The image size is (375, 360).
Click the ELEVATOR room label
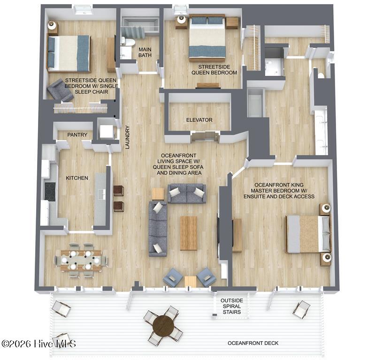[199, 120]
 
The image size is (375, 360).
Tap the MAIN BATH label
[145, 52]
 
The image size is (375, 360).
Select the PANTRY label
[77, 135]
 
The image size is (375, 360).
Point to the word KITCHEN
[77, 178]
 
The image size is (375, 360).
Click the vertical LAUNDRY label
[127, 137]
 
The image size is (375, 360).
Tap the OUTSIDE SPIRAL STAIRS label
[231, 306]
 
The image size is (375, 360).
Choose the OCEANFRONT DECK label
[253, 343]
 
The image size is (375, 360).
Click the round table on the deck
[164, 326]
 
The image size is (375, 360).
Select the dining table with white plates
[81, 260]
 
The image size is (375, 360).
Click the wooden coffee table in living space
[189, 233]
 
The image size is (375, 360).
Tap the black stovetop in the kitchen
[50, 192]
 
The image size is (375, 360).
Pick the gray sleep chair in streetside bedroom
[60, 91]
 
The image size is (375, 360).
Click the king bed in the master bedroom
[308, 234]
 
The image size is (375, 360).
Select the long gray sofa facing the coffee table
[158, 229]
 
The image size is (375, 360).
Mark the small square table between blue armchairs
[191, 282]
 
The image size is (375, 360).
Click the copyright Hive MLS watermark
[39, 344]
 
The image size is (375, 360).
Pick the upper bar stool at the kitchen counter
[119, 191]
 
